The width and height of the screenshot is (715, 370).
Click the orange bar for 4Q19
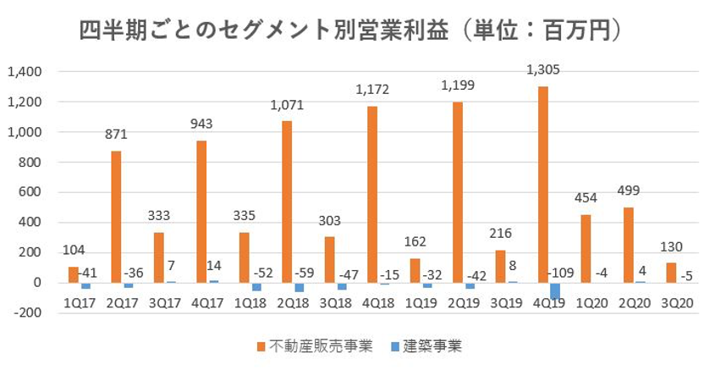tap(542, 185)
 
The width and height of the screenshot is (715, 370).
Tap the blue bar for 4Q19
tap(554, 290)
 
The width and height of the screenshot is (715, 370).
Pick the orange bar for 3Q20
tap(670, 273)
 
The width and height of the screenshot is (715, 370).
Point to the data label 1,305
tap(543, 69)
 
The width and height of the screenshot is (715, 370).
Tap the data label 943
tap(201, 124)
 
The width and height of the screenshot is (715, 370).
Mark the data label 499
tap(628, 191)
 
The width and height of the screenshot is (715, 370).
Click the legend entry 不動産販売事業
tap(316, 345)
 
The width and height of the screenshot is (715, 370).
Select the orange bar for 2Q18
tap(287, 202)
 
